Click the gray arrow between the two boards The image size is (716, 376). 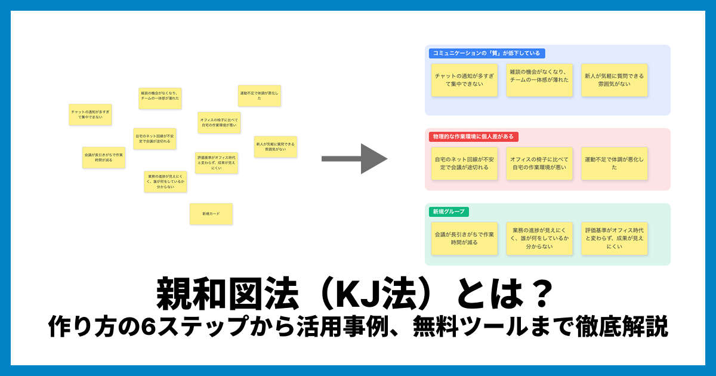coord(354,159)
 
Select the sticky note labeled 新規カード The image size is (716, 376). coord(211,214)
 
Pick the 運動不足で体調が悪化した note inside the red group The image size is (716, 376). coord(614,164)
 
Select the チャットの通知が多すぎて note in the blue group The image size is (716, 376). coord(464,80)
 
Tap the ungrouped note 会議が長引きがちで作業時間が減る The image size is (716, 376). coord(104,158)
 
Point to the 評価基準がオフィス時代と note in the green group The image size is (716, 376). coord(614,238)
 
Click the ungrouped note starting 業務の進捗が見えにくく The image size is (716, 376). coord(165,181)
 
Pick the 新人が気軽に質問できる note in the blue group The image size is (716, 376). coord(614,80)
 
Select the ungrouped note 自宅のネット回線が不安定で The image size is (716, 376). coord(155,138)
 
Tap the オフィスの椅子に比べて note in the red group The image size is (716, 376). coord(539,164)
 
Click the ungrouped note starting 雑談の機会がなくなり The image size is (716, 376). coord(160,98)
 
